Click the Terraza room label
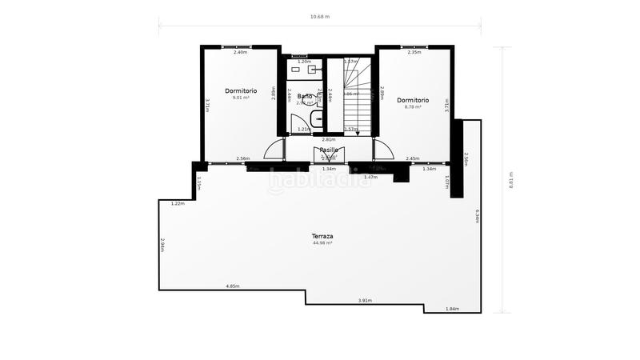(x=322, y=236)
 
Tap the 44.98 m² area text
(x=322, y=243)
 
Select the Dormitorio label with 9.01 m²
(x=240, y=90)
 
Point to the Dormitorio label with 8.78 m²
(x=413, y=100)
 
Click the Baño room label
(x=305, y=96)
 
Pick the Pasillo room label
(x=329, y=150)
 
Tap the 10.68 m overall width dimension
(x=321, y=16)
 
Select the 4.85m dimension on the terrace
(x=233, y=286)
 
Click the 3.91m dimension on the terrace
(x=364, y=301)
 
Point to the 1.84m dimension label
(x=452, y=309)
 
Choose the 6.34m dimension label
(x=478, y=216)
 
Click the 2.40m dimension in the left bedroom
(x=240, y=52)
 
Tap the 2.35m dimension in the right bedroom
(x=414, y=52)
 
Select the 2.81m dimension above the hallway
(x=328, y=139)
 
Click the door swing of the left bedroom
(x=275, y=150)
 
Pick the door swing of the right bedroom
(x=382, y=150)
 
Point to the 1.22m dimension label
(x=178, y=203)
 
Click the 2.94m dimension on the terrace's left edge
(x=162, y=245)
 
